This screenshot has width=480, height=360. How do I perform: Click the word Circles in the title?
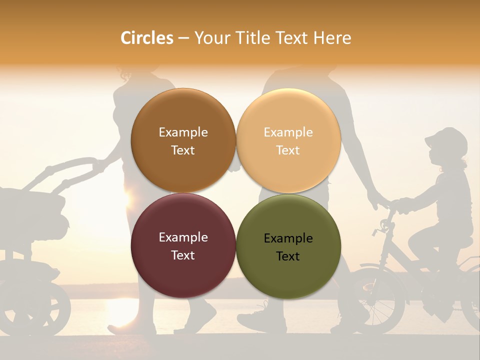[x=147, y=38]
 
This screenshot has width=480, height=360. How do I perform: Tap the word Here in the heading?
[x=332, y=38]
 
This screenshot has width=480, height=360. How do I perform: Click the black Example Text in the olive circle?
[x=288, y=247]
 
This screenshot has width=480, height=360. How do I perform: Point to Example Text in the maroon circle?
[x=183, y=246]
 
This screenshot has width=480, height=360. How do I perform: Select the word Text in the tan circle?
[x=288, y=150]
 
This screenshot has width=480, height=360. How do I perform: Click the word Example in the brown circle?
[x=183, y=132]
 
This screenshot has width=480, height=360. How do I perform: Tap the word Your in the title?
[x=209, y=38]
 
